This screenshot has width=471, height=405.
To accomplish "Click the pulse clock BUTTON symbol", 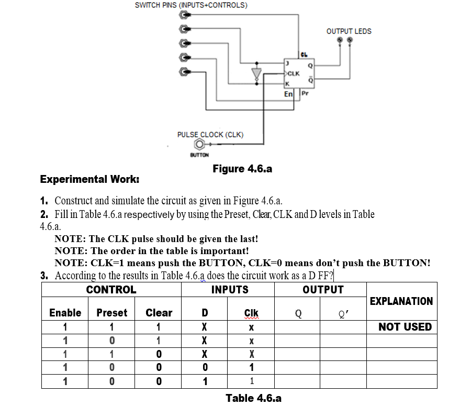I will click(x=199, y=145).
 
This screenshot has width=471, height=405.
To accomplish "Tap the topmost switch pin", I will click(x=185, y=16).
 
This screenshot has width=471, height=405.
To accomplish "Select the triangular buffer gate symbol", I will click(x=256, y=74).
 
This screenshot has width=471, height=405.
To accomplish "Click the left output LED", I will click(x=340, y=40).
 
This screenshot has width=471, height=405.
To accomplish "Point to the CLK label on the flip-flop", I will click(x=294, y=74).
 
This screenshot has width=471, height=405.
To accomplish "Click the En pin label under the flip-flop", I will click(x=288, y=94).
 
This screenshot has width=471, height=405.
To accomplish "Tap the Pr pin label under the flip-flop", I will click(x=305, y=94).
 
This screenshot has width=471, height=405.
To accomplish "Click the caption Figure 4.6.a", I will click(x=242, y=169).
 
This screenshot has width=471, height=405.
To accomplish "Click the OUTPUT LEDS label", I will click(x=349, y=31).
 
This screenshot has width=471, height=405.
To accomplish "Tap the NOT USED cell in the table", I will click(x=405, y=327).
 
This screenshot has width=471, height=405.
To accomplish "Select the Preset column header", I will click(x=112, y=313).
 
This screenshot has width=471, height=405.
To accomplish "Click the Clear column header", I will click(x=159, y=313).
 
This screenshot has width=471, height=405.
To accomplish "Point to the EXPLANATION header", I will click(x=401, y=301).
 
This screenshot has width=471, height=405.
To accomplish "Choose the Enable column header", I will click(x=65, y=313).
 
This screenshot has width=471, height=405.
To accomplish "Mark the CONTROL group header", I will click(x=111, y=290).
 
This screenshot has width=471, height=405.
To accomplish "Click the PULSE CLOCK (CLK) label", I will click(x=210, y=135).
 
